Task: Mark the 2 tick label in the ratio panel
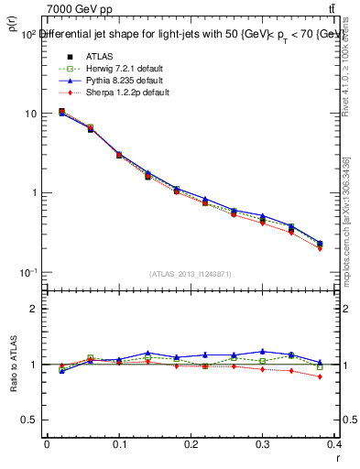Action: (x=34, y=309)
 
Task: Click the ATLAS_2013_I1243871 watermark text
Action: (x=190, y=274)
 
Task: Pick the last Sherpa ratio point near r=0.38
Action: (x=320, y=376)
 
